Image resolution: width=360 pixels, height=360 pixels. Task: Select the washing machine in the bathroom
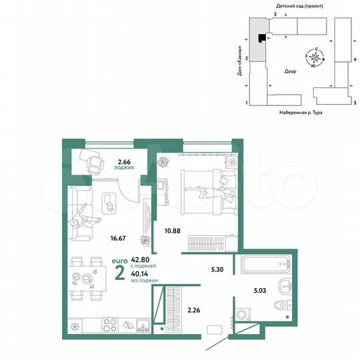(243, 315)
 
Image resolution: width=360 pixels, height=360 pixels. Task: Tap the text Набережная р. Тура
(301, 114)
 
